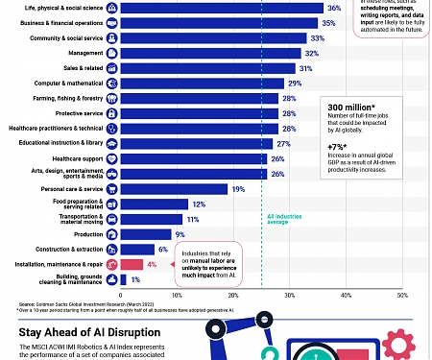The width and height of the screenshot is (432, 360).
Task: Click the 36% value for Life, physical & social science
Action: click(x=335, y=8)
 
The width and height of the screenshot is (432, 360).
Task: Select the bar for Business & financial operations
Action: click(x=221, y=23)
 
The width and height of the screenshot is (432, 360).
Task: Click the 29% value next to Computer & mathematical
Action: click(x=295, y=84)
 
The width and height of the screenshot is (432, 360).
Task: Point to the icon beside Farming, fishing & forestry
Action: click(x=112, y=99)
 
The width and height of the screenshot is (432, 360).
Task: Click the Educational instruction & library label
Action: click(x=60, y=143)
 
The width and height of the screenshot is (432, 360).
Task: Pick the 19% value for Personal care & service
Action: click(x=238, y=188)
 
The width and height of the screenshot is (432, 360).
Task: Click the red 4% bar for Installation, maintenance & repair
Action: click(x=130, y=263)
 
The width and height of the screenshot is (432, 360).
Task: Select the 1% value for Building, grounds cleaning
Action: click(x=135, y=279)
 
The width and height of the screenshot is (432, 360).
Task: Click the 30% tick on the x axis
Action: click(x=290, y=295)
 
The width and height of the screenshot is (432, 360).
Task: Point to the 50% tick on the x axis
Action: click(x=403, y=295)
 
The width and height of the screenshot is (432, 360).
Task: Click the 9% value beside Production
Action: click(x=180, y=233)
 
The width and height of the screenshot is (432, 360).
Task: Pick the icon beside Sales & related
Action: click(x=112, y=69)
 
